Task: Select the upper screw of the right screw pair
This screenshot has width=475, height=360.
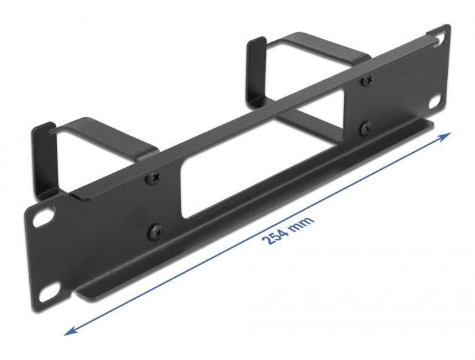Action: pos(367,80)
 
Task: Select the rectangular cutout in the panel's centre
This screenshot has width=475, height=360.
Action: pos(265,163)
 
